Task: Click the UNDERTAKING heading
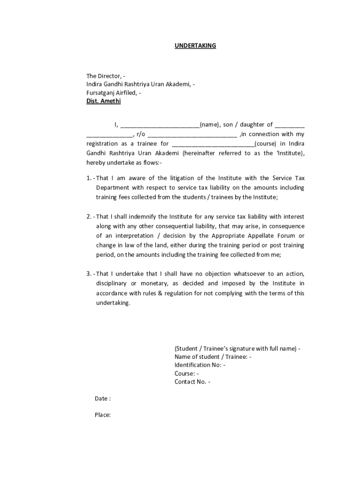pyautogui.click(x=195, y=46)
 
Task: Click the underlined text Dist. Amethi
pyautogui.click(x=103, y=101)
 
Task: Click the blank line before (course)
pyautogui.click(x=213, y=144)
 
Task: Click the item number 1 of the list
pyautogui.click(x=89, y=178)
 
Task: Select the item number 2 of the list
pyautogui.click(x=89, y=217)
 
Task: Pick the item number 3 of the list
pyautogui.click(x=89, y=274)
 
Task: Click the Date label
pyautogui.click(x=102, y=399)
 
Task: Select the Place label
pyautogui.click(x=102, y=415)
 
